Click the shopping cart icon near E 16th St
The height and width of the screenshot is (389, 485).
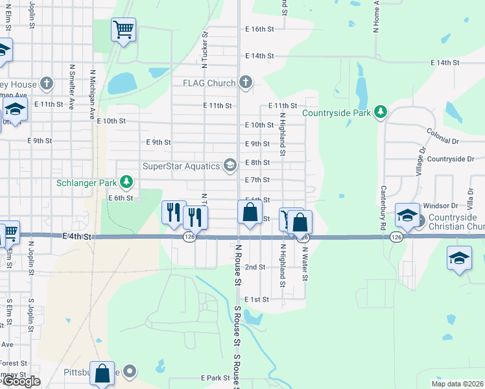tap(123, 29)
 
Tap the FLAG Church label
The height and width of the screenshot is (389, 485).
tap(209, 82)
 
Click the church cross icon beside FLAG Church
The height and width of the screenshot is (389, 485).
tap(245, 82)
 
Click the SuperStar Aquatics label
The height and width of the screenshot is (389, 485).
tap(181, 166)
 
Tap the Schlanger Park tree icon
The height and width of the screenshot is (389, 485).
tap(129, 183)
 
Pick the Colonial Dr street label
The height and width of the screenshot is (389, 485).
tap(442, 136)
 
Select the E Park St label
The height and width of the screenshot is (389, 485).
tap(215, 377)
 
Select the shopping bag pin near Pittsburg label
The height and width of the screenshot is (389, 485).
tap(102, 374)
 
